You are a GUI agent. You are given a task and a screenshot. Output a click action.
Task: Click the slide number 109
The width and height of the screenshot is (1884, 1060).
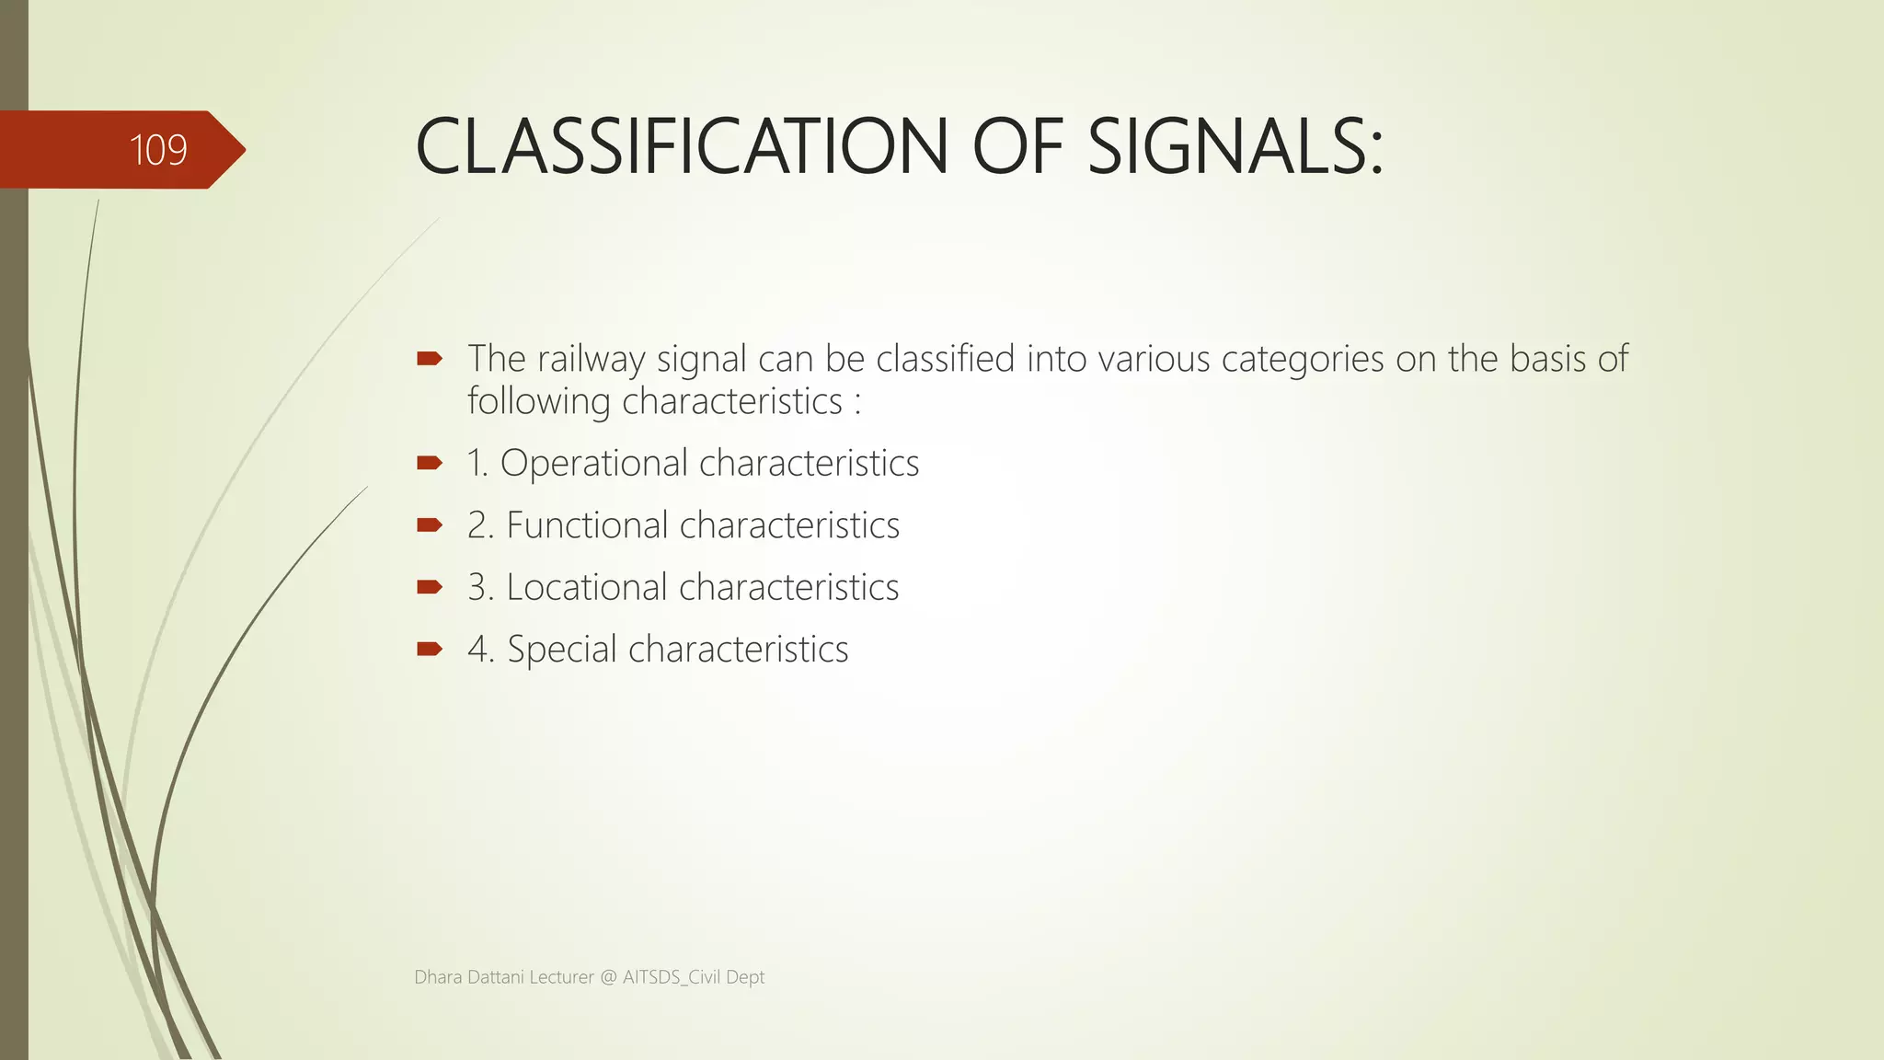pyautogui.click(x=158, y=150)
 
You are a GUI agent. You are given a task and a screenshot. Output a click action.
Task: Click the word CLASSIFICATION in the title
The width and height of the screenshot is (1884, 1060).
pyautogui.click(x=682, y=147)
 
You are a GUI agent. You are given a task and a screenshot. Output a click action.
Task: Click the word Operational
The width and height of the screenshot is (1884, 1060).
pyautogui.click(x=593, y=463)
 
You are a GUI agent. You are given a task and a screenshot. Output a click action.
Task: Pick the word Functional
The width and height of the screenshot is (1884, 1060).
pyautogui.click(x=587, y=525)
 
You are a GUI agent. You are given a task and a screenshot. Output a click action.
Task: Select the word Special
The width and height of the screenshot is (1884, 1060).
pyautogui.click(x=562, y=650)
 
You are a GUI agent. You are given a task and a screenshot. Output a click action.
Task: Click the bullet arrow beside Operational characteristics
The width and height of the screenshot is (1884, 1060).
pyautogui.click(x=430, y=463)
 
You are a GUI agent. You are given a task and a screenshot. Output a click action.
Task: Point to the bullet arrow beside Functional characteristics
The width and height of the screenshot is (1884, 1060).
pyautogui.click(x=430, y=525)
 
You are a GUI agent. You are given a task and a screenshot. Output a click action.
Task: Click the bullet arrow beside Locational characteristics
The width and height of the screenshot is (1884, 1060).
pyautogui.click(x=430, y=587)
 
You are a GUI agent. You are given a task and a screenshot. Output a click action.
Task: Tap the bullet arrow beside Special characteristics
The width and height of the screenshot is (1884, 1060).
pyautogui.click(x=430, y=650)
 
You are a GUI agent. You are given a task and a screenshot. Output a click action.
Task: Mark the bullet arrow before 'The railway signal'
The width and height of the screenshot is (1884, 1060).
pyautogui.click(x=430, y=359)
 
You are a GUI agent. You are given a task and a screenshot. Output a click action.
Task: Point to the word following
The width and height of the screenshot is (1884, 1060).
pyautogui.click(x=538, y=402)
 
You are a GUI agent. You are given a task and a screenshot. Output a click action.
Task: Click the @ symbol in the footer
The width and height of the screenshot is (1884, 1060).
pyautogui.click(x=608, y=977)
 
